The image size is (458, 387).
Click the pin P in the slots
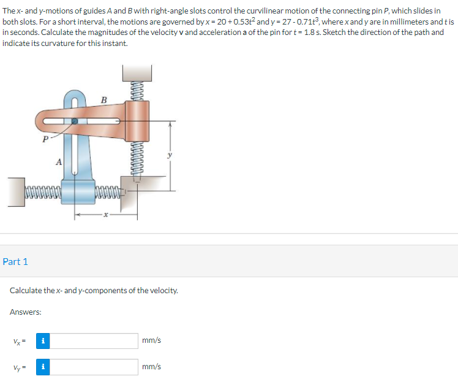pyautogui.click(x=75, y=121)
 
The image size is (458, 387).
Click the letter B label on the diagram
pyautogui.click(x=103, y=100)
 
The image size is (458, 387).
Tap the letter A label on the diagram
pyautogui.click(x=59, y=162)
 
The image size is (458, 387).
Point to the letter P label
pyautogui.click(x=45, y=139)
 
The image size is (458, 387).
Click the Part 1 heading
pyautogui.click(x=15, y=261)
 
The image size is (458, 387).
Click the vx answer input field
pyautogui.click(x=94, y=341)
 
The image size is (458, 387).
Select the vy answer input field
pyautogui.click(x=94, y=367)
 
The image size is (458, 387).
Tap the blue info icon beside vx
pyautogui.click(x=43, y=341)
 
